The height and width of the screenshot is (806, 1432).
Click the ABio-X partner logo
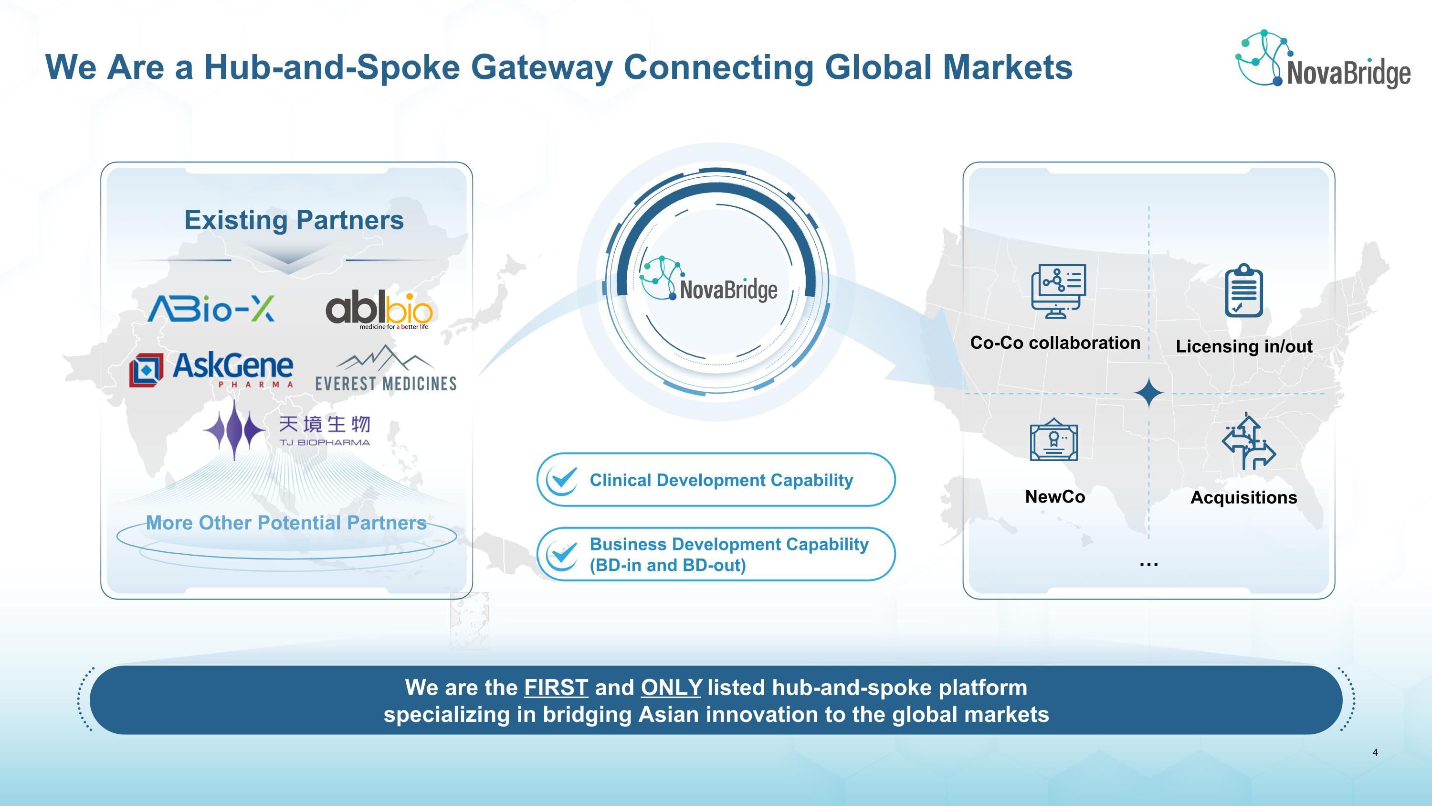[211, 309]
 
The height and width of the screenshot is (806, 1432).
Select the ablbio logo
[379, 309]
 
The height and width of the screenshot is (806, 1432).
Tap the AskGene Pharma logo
[211, 369]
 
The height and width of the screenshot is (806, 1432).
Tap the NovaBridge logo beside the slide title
[1323, 60]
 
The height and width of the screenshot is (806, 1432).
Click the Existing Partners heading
[294, 220]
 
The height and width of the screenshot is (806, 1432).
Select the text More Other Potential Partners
[286, 523]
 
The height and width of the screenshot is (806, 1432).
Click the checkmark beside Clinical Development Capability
[563, 480]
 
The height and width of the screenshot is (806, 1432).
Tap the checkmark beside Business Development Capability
[563, 554]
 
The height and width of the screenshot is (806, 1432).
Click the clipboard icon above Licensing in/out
[1244, 291]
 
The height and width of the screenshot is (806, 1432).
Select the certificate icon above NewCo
[1054, 441]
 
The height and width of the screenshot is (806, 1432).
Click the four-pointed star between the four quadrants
[1149, 393]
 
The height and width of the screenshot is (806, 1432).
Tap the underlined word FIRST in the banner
[556, 688]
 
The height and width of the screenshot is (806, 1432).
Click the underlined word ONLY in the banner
[671, 688]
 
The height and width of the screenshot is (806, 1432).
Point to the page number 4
[1375, 752]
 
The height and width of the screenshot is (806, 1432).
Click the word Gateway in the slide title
[542, 67]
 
